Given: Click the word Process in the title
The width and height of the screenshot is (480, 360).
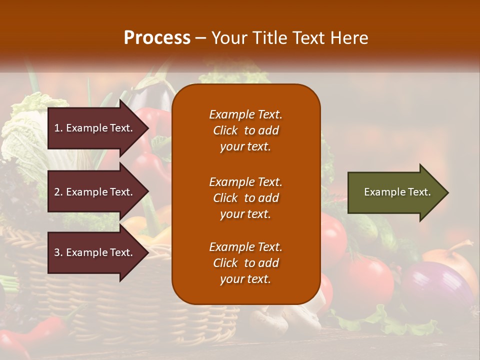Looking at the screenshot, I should pos(157,37).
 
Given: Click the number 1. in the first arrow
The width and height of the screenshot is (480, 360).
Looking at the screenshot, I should pos(58,128).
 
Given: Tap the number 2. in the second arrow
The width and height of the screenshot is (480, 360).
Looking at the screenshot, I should pos(58,192).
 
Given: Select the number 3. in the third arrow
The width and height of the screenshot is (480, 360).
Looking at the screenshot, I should pos(58,252).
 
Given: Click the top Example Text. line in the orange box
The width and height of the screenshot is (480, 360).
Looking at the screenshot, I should pos(245,114).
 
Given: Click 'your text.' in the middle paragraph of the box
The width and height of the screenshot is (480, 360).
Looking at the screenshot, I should pos(245,214).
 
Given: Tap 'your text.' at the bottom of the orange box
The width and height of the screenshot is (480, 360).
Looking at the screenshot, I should pos(245,279).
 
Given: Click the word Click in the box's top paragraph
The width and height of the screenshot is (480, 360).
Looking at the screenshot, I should pos(225,130).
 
